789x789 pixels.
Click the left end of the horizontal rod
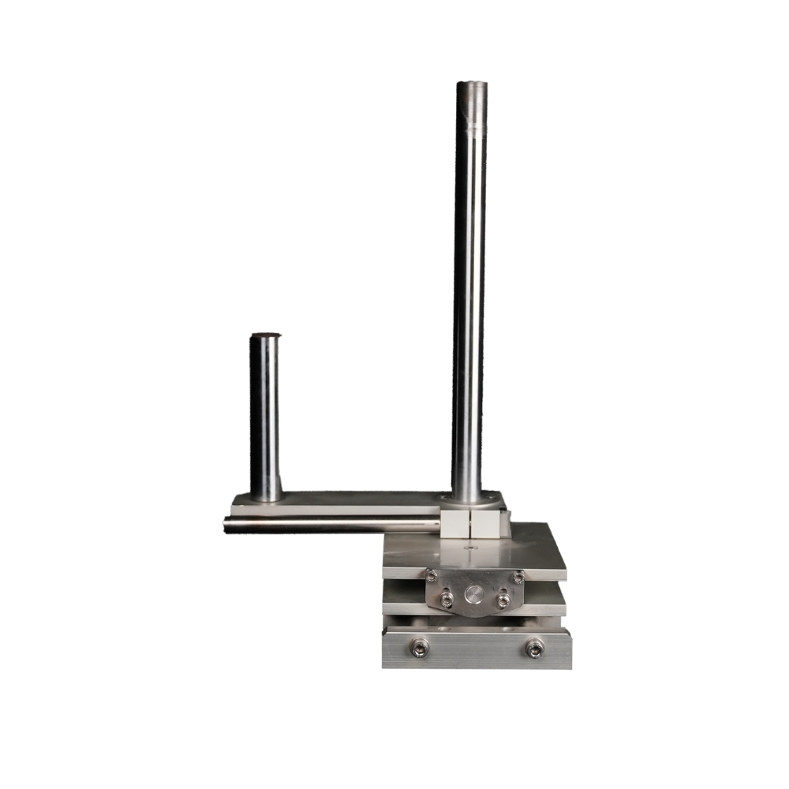(x=227, y=525)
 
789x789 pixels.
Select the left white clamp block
(x=455, y=523)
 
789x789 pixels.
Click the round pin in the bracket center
(x=474, y=593)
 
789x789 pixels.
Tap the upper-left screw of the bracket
(x=432, y=575)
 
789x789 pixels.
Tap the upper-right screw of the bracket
(x=518, y=577)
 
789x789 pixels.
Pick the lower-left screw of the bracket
(x=447, y=601)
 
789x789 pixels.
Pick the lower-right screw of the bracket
(x=503, y=601)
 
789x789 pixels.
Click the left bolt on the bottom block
(x=420, y=648)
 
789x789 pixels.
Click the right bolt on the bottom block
(x=534, y=649)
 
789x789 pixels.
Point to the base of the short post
(x=266, y=495)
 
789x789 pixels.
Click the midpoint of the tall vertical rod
(x=469, y=292)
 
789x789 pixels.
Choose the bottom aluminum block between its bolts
(x=477, y=649)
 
